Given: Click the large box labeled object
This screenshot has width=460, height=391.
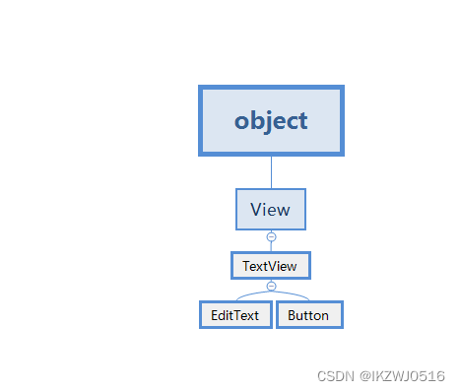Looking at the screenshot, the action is tap(271, 120).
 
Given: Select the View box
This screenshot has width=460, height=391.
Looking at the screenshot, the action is tap(271, 209).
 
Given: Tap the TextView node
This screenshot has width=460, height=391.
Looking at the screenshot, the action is tap(271, 266).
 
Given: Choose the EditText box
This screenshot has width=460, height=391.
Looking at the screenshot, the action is tap(235, 315).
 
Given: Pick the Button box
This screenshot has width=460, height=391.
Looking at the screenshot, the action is tap(309, 315).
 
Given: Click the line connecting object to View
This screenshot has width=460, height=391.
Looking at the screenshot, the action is tap(271, 172).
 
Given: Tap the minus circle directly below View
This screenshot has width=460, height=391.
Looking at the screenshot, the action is tap(271, 236).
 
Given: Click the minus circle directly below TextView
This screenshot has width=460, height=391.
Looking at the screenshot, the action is tap(271, 286).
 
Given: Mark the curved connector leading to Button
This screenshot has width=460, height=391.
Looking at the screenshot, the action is tap(291, 293).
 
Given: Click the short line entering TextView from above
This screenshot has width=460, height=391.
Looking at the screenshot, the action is tap(271, 246).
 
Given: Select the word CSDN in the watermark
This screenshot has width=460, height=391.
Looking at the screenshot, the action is tap(336, 376).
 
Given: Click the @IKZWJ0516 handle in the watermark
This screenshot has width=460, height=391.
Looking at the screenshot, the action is tap(402, 376).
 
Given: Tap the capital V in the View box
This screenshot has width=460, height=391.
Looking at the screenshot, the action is tap(256, 209).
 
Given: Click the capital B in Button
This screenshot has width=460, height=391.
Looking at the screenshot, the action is tap(293, 315).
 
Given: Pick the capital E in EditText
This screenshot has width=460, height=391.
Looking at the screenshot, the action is tap(215, 315).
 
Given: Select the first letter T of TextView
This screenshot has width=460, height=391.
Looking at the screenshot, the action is tap(247, 266).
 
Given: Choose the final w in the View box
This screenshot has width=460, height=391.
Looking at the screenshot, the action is tap(285, 211).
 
